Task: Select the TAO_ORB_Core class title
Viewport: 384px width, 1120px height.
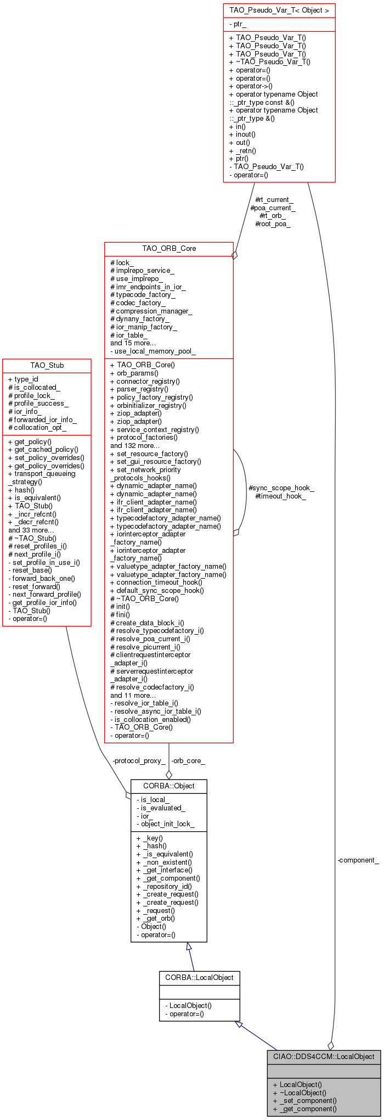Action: click(169, 248)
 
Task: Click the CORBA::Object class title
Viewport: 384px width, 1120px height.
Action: click(169, 786)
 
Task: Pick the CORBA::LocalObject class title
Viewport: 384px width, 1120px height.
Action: click(199, 977)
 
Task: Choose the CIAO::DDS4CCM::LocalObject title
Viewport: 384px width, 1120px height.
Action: click(324, 1056)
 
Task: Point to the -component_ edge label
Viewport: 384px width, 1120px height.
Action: click(358, 860)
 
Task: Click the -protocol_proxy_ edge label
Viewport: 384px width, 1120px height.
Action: click(139, 760)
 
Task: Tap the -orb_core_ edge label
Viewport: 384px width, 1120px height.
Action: click(188, 760)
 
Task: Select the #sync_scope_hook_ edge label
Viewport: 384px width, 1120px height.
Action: click(281, 488)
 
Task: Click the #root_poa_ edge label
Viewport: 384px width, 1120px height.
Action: click(273, 223)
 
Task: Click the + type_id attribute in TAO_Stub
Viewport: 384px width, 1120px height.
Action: click(23, 379)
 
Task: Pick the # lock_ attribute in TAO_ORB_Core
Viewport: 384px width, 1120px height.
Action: click(122, 263)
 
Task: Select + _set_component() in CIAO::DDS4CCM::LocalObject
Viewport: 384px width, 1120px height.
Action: click(304, 1100)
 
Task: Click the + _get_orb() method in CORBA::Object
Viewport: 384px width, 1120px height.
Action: click(156, 918)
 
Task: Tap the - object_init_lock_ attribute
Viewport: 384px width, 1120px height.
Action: click(166, 824)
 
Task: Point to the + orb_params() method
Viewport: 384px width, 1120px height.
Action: click(134, 373)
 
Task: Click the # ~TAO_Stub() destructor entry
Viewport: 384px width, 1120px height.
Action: click(32, 538)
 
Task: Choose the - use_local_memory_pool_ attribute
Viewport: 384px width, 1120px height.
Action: click(153, 351)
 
